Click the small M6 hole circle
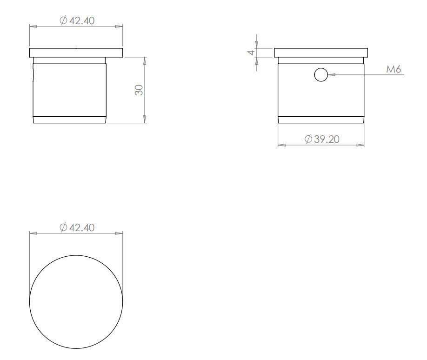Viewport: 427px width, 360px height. coord(321,74)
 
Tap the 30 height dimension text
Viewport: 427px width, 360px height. coord(139,90)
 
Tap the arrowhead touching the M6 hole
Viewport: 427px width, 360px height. coord(331,74)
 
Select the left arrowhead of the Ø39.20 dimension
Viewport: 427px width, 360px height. coord(281,145)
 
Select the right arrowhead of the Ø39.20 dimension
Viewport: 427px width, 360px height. coord(360,145)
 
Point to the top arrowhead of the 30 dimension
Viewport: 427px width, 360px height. coord(145,60)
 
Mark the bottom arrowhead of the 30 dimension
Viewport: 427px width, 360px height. coord(145,120)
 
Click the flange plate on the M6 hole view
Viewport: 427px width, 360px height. coord(321,52)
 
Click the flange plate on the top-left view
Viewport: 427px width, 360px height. coord(76,52)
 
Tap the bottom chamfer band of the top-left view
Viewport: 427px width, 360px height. coord(70,119)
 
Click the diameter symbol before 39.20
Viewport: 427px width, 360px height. coord(308,139)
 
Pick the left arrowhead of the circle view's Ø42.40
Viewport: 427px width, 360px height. coord(33,233)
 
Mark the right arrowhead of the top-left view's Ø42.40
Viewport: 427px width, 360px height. coord(120,27)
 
